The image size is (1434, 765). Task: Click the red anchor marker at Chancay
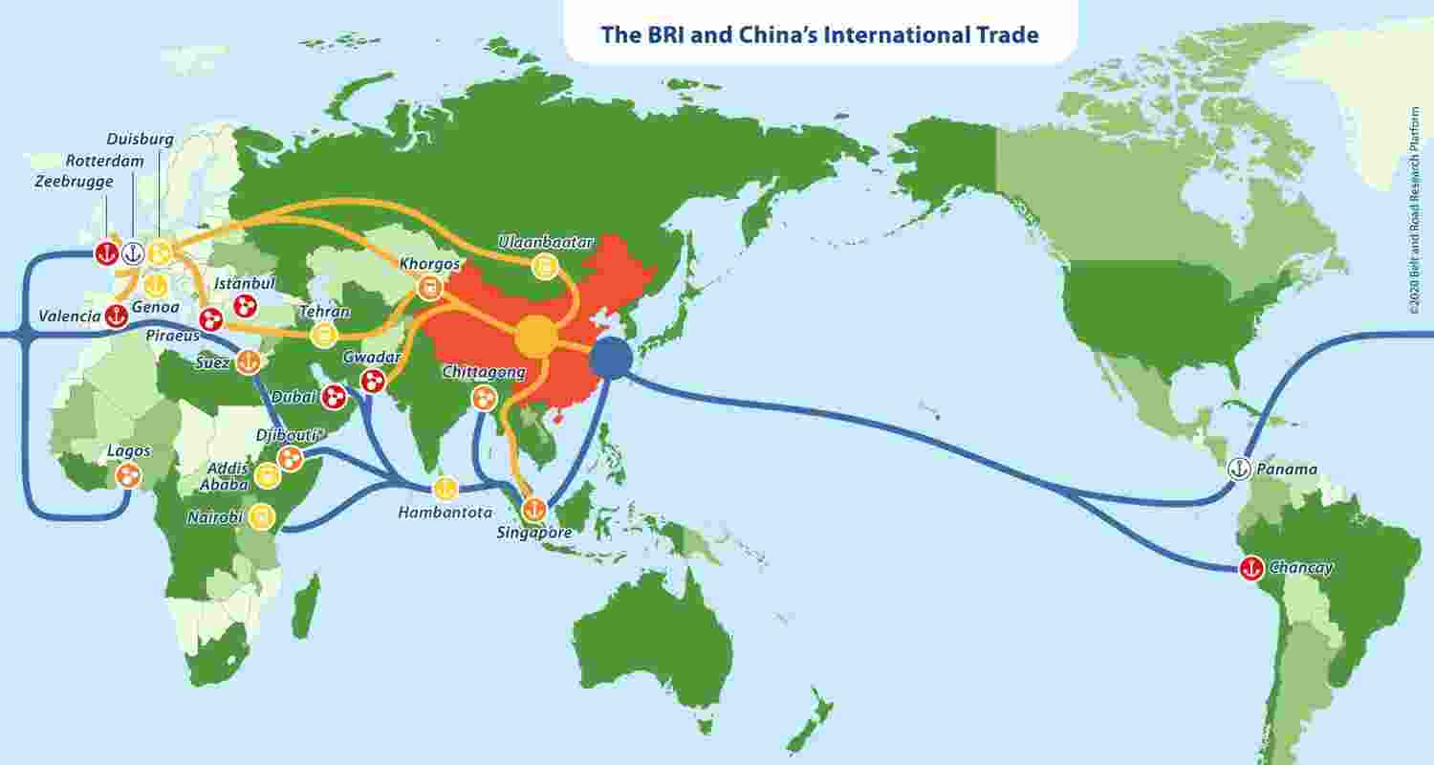tap(1250, 567)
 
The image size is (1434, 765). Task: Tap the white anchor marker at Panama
tap(1239, 470)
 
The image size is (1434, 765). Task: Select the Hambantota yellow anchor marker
tap(444, 489)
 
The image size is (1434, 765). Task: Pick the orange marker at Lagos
tap(127, 474)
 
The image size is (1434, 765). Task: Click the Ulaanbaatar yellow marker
tap(545, 267)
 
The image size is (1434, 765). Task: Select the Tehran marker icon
tap(325, 336)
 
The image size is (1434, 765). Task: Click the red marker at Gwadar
tap(372, 382)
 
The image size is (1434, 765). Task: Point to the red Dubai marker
tap(334, 396)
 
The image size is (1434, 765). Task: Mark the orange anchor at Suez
tap(248, 362)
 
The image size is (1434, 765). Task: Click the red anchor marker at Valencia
tap(116, 317)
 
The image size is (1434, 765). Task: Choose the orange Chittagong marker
tap(485, 397)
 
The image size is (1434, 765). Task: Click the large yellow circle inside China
tap(535, 337)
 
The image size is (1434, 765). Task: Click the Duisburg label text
tap(141, 140)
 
